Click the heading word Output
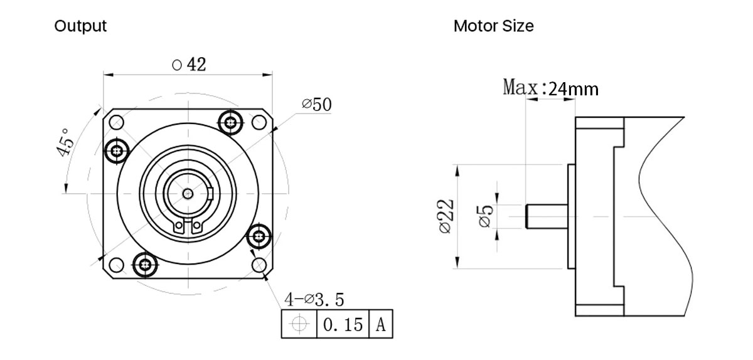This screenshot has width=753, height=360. click(80, 26)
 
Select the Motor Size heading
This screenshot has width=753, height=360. click(493, 26)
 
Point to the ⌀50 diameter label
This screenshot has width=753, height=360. click(316, 105)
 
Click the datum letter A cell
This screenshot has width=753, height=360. click(380, 325)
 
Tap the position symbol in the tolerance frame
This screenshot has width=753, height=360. click(299, 325)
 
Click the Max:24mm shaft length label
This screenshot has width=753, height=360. click(550, 88)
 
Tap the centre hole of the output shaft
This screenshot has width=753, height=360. click(188, 193)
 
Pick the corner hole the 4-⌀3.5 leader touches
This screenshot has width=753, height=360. click(259, 265)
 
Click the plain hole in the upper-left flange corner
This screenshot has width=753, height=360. click(117, 122)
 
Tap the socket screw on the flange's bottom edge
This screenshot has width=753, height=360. click(146, 264)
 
